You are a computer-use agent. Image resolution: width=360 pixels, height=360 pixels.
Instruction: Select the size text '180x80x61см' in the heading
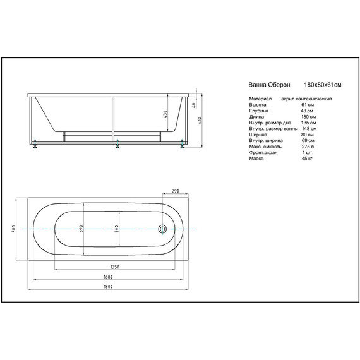pyautogui.click(x=322, y=84)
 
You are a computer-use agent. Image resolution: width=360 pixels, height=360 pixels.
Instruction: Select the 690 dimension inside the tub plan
pyautogui.click(x=81, y=229)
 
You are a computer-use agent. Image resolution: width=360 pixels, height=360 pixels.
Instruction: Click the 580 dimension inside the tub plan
pyautogui.click(x=117, y=229)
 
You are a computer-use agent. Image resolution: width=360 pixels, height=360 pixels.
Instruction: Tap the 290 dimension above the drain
pyautogui.click(x=176, y=191)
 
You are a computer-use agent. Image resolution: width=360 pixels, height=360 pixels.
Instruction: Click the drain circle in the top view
pyautogui.click(x=162, y=229)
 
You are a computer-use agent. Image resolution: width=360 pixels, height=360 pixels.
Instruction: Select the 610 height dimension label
pyautogui.click(x=200, y=120)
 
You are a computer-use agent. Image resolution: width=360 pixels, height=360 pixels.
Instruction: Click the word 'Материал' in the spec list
pyautogui.click(x=260, y=99)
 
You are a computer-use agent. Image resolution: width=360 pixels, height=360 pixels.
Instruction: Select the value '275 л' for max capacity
pyautogui.click(x=308, y=147)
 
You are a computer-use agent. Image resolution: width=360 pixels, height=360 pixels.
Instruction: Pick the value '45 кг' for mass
pyautogui.click(x=308, y=159)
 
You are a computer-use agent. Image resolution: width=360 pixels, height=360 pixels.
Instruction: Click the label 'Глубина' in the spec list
pyautogui.click(x=258, y=111)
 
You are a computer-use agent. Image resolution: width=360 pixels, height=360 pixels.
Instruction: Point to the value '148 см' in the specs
pyautogui.click(x=308, y=129)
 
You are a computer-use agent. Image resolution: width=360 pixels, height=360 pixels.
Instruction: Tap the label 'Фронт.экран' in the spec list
pyautogui.click(x=262, y=152)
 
